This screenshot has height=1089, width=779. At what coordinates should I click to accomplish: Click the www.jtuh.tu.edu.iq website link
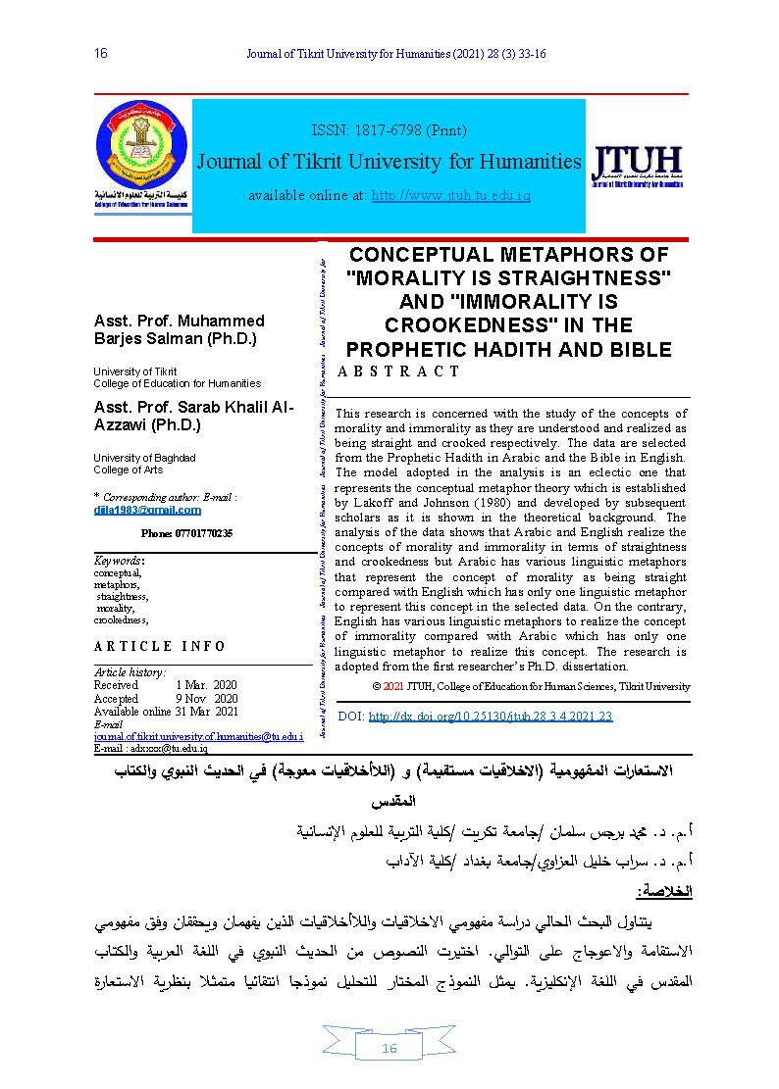point(450,196)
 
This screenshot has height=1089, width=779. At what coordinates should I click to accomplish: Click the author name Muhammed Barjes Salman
point(179,330)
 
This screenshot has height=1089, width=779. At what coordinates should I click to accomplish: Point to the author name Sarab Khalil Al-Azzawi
point(192,417)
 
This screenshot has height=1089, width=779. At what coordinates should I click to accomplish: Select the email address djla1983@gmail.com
point(147,510)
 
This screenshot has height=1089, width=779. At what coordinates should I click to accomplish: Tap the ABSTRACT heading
point(398,371)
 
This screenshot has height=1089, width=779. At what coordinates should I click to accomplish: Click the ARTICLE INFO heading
point(160,646)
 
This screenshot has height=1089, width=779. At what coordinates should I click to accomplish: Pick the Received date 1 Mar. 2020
point(206,684)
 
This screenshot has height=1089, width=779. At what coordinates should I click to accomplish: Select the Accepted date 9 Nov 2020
point(206,698)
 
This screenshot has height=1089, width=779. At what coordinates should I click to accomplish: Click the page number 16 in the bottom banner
point(389,1049)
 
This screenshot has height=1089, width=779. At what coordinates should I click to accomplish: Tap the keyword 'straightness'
point(123,596)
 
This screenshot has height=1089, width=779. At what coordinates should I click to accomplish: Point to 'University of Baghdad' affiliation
point(144,458)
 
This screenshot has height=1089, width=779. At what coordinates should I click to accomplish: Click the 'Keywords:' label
point(119,561)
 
